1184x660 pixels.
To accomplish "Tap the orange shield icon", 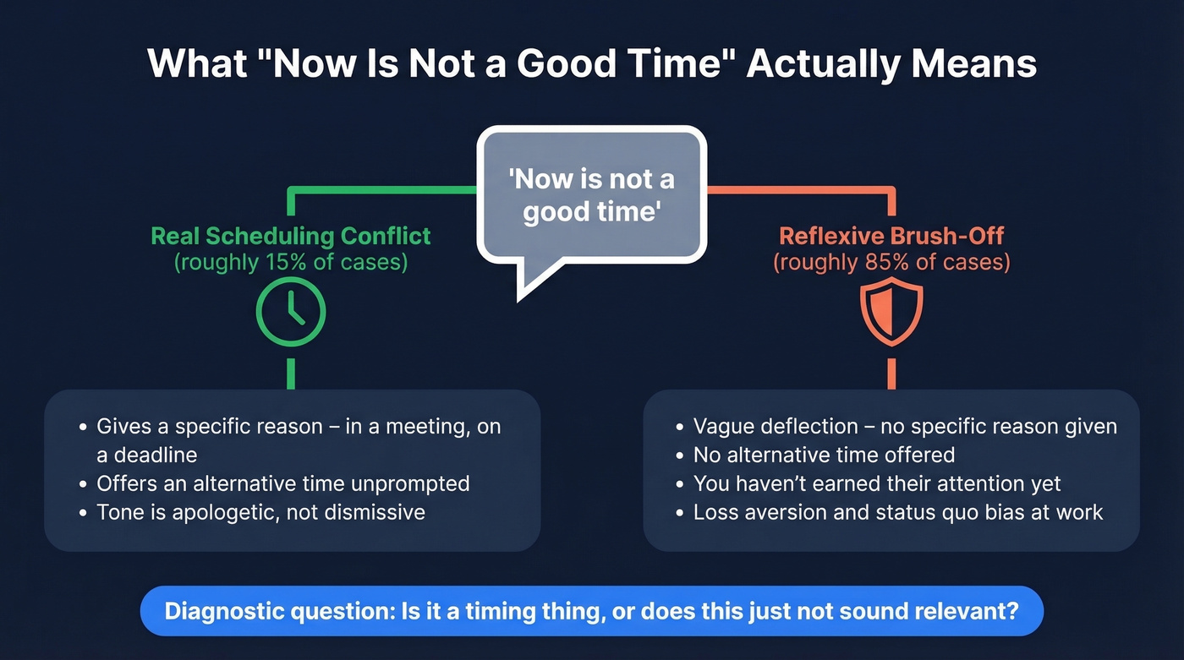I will pyautogui.click(x=891, y=312).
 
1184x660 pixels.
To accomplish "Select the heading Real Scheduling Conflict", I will pyautogui.click(x=291, y=236).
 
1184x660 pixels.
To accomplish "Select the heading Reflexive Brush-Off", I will pyautogui.click(x=891, y=236).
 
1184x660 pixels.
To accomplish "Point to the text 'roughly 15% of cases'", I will pyautogui.click(x=291, y=262).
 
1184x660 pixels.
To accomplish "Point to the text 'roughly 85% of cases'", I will pyautogui.click(x=891, y=262).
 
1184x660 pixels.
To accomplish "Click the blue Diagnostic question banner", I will pyautogui.click(x=591, y=611).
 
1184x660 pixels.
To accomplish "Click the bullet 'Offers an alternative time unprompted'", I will pyautogui.click(x=282, y=483).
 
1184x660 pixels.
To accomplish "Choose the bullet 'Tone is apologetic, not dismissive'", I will pyautogui.click(x=260, y=512).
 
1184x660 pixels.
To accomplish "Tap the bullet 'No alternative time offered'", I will pyautogui.click(x=823, y=455).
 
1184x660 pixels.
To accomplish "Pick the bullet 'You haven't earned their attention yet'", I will pyautogui.click(x=876, y=483).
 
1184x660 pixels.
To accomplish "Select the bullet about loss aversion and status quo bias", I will pyautogui.click(x=897, y=512).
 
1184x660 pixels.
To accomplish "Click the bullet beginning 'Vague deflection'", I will pyautogui.click(x=904, y=427).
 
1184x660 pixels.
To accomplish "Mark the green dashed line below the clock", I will pyautogui.click(x=291, y=373).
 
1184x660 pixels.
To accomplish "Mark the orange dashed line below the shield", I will pyautogui.click(x=891, y=373).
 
